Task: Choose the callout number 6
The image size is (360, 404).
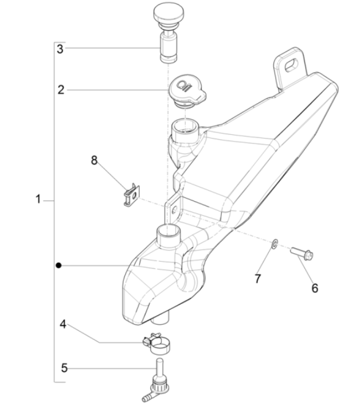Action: point(314,288)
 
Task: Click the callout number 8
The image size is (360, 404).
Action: point(93,161)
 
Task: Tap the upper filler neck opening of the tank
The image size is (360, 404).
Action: point(185,125)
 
